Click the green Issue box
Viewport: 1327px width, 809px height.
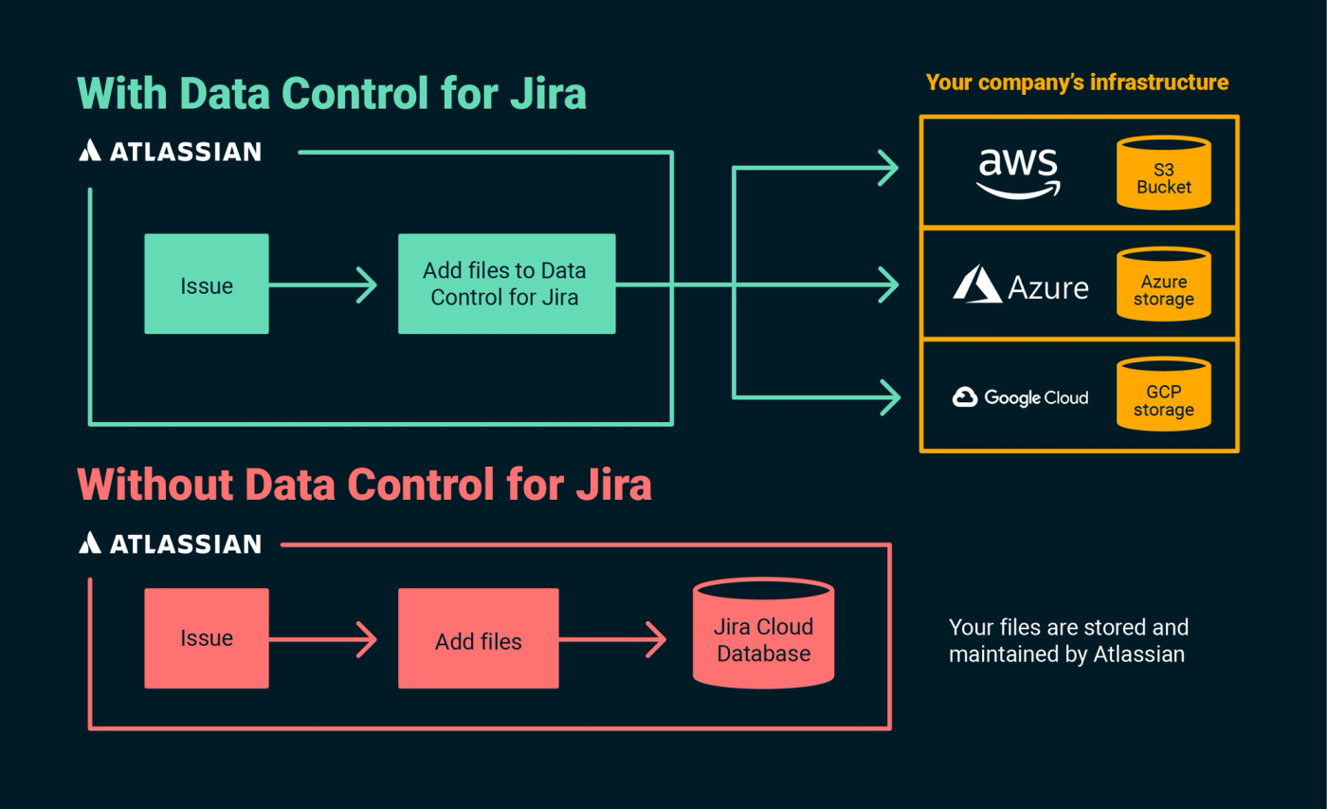coord(207,285)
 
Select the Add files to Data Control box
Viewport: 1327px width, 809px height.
coord(506,284)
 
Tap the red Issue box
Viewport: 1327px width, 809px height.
coord(207,638)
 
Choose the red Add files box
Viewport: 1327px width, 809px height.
coord(478,638)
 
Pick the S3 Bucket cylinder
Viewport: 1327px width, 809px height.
coord(1163,173)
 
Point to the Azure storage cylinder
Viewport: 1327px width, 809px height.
coord(1163,284)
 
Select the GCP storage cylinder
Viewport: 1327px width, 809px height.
coord(1163,395)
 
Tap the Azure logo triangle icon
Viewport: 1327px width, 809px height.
coord(977,285)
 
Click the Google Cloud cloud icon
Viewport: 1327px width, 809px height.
coord(965,396)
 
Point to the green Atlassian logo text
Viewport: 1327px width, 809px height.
coord(184,151)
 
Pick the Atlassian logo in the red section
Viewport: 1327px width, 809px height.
coord(170,543)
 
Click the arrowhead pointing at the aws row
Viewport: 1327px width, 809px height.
coord(887,169)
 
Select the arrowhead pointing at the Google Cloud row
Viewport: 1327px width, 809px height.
coord(887,396)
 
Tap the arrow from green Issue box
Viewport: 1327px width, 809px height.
coord(322,285)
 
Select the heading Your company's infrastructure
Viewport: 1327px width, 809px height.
coord(1077,83)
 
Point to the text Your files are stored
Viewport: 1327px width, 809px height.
coord(1068,628)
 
